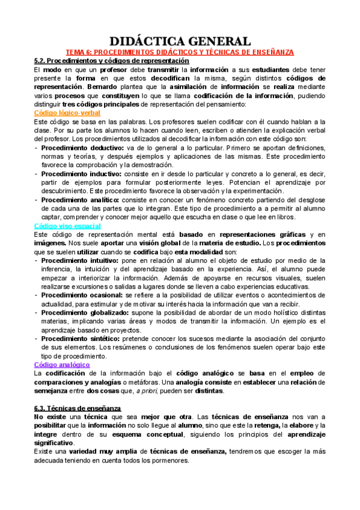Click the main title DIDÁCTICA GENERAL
pyautogui.click(x=180, y=41)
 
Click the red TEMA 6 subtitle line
pyautogui.click(x=180, y=52)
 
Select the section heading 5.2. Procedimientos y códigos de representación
pyautogui.click(x=112, y=61)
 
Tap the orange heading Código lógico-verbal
pyautogui.click(x=67, y=112)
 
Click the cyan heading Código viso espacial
pyautogui.click(x=67, y=225)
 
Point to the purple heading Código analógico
pyautogui.click(x=62, y=364)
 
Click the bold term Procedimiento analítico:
pyautogui.click(x=76, y=200)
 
